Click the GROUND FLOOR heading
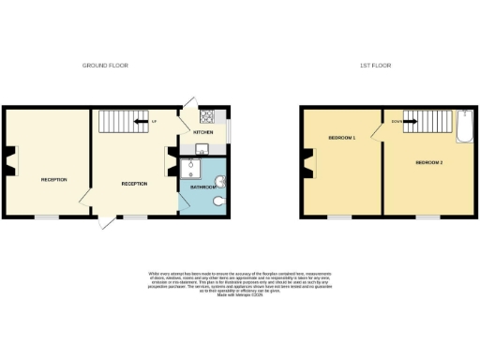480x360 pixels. (x=105, y=66)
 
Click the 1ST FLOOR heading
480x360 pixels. (x=375, y=66)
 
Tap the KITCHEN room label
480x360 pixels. (x=202, y=133)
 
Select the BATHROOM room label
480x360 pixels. (x=203, y=187)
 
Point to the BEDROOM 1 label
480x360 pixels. (x=341, y=139)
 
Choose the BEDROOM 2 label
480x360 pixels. (x=428, y=163)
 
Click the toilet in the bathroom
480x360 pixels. (x=218, y=201)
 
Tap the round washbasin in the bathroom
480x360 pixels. (x=219, y=181)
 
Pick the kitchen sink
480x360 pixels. (x=200, y=148)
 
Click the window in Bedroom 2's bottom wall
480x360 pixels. (x=428, y=217)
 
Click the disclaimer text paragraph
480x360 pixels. (x=240, y=283)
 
